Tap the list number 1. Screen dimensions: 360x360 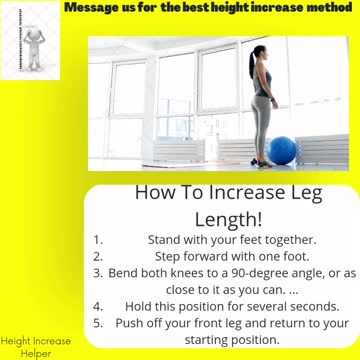click(98, 240)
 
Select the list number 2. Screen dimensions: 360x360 click(98, 256)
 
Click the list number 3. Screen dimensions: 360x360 click(98, 273)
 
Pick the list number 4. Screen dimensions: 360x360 click(98, 306)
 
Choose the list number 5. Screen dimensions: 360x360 click(98, 323)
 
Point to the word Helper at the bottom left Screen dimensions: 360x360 click(36, 353)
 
